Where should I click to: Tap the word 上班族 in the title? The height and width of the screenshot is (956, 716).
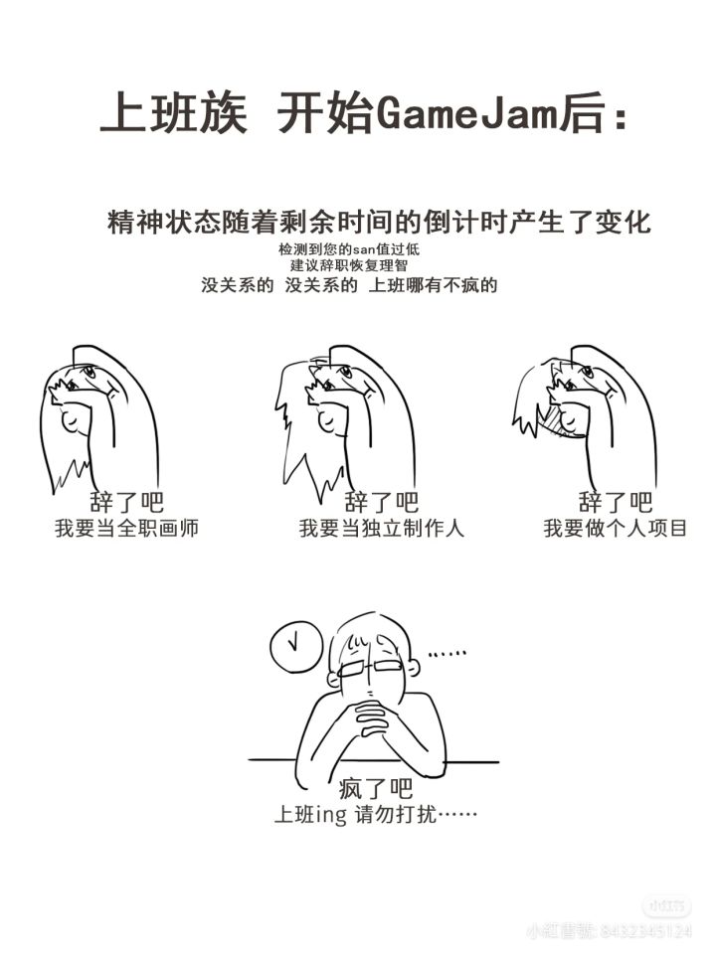[174, 113]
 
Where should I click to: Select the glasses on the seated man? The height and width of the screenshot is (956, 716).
[371, 667]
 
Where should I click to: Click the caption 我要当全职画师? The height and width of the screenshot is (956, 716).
[127, 528]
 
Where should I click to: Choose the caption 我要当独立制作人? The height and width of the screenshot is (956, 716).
[382, 528]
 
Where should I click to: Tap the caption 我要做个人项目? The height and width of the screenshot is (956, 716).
[616, 528]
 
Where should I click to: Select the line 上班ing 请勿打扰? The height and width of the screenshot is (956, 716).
[376, 815]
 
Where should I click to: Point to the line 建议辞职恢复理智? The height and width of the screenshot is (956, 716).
[349, 265]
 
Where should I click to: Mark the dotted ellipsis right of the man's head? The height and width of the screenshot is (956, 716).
[447, 654]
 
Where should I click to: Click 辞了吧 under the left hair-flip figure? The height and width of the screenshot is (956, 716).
[127, 503]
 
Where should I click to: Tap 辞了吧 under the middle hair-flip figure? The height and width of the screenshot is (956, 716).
[382, 503]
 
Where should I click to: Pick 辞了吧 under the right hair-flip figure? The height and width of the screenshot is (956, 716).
[616, 503]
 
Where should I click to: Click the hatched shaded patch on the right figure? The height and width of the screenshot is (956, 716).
[553, 420]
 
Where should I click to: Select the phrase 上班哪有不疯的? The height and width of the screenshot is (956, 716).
[433, 285]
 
